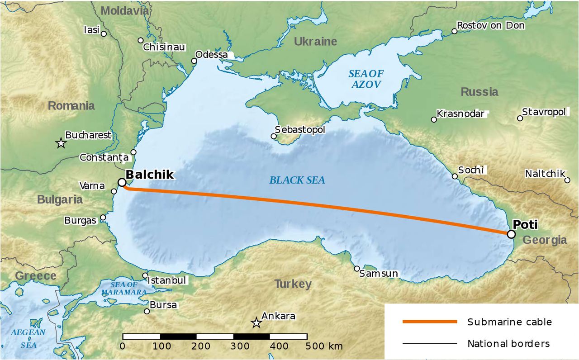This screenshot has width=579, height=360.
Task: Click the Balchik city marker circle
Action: pyautogui.click(x=122, y=182)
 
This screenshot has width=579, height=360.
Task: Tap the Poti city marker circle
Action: pyautogui.click(x=511, y=234)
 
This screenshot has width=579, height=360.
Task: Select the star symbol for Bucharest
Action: pyautogui.click(x=61, y=143)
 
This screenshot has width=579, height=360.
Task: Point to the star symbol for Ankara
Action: pyautogui.click(x=256, y=323)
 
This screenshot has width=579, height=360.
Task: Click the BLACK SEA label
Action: pyautogui.click(x=297, y=180)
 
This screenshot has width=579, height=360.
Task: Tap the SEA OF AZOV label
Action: pyautogui.click(x=365, y=79)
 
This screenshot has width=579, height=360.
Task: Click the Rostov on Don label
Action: pyautogui.click(x=491, y=26)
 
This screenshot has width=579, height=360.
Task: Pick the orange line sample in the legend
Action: pyautogui.click(x=430, y=322)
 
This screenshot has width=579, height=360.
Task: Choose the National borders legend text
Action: pyautogui.click(x=509, y=344)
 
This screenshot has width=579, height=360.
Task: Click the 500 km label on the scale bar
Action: pyautogui.click(x=322, y=346)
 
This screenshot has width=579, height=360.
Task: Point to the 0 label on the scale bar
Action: pyautogui.click(x=123, y=346)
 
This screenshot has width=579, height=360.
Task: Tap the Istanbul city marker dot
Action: pyautogui.click(x=145, y=275)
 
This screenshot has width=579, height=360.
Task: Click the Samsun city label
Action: pyautogui.click(x=379, y=274)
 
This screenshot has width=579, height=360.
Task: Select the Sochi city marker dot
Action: pyautogui.click(x=455, y=176)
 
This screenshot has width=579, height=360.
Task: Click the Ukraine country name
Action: pyautogui.click(x=315, y=42)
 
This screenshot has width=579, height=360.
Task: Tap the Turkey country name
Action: pyautogui.click(x=293, y=284)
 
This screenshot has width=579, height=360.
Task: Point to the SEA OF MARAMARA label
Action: pyautogui.click(x=123, y=289)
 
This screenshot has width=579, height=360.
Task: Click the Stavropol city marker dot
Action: pyautogui.click(x=520, y=118)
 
